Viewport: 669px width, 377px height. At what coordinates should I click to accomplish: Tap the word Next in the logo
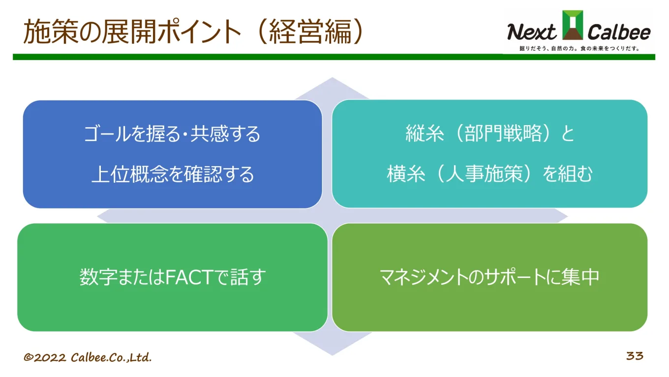pos(531,33)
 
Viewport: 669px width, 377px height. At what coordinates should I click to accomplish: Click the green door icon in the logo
pos(573,25)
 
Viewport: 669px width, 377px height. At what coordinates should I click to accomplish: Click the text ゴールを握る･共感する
pos(172,134)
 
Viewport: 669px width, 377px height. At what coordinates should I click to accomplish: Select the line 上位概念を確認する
pos(172,174)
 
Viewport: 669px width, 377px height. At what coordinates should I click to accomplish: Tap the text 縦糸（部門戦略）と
pos(490,134)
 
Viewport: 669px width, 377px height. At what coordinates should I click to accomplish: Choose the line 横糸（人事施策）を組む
pos(490,174)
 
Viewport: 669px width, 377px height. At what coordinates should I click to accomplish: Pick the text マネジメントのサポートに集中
pos(489,277)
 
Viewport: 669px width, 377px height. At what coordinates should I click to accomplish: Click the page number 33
pos(635,356)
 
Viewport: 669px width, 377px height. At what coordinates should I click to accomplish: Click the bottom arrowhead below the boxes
pos(333,345)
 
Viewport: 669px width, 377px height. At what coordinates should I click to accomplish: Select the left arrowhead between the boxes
pos(105,215)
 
